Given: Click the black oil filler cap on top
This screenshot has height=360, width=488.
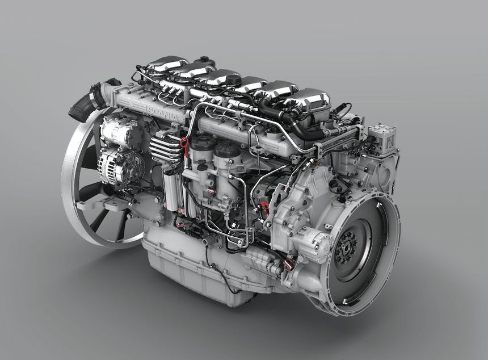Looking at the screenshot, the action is (233, 79).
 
